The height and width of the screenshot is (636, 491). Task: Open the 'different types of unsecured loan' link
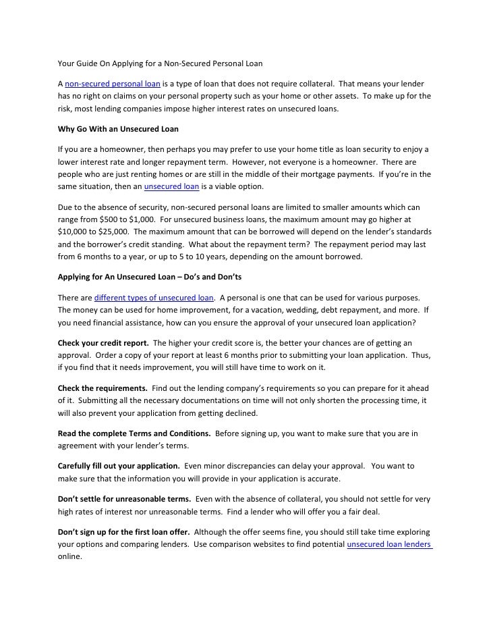click(x=154, y=298)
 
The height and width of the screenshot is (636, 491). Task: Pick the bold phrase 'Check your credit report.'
click(x=103, y=342)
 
